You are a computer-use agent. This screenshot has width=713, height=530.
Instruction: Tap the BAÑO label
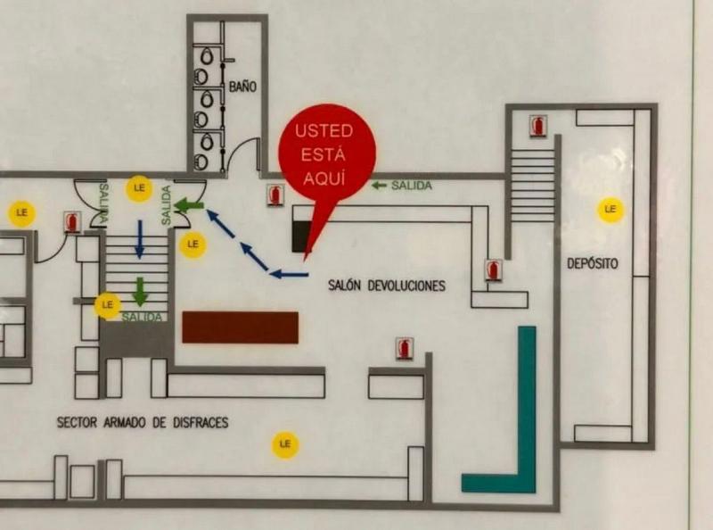pos(242,87)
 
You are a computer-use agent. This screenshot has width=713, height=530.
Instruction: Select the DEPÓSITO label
pos(592,263)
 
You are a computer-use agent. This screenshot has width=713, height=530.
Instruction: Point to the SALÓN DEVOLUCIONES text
pos(386,286)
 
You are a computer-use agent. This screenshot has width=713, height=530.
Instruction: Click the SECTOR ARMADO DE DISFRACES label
pos(143,421)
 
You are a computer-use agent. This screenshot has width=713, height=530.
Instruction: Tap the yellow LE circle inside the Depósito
pos(611,209)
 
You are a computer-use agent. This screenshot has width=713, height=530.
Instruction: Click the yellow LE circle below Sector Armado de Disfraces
pos(285,443)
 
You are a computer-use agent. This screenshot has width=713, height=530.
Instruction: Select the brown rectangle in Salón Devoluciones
pos(240,327)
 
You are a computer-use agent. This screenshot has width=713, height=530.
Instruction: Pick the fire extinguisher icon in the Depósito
pos(537,125)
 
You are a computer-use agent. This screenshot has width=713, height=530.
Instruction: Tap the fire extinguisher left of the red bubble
pos(275,195)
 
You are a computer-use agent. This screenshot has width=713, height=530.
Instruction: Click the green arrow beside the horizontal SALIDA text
pos(379,186)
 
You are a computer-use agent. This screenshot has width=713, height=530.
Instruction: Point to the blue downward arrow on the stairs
pos(139,238)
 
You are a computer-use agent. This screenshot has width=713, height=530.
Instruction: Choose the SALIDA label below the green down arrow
pos(143,318)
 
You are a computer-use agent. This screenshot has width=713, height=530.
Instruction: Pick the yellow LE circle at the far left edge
pos(21,213)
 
